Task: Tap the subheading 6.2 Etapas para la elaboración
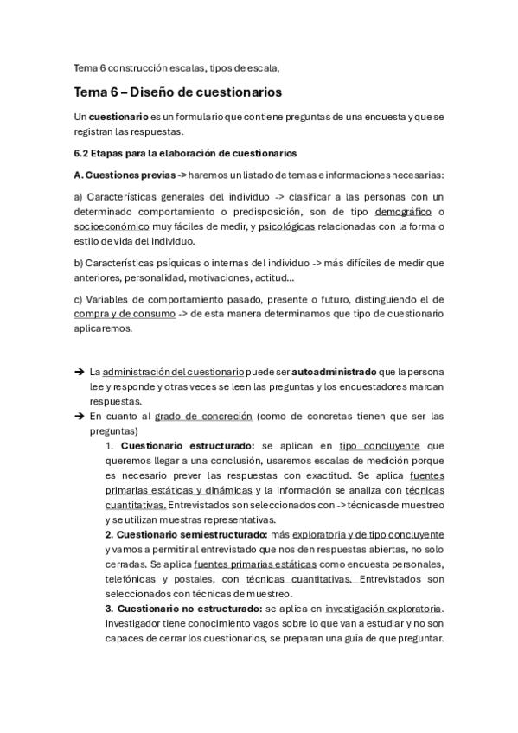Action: click(x=185, y=153)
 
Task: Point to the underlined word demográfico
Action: click(x=403, y=212)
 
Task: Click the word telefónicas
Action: click(x=132, y=579)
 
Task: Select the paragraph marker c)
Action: click(x=79, y=299)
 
